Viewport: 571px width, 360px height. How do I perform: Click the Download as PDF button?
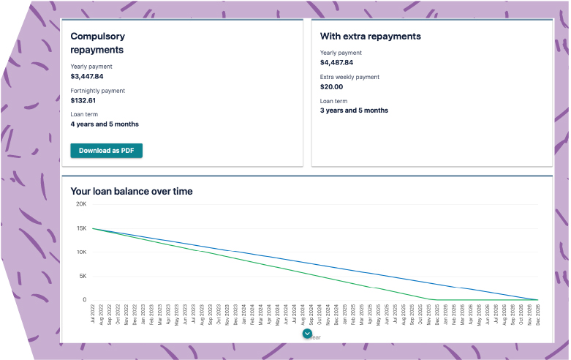106,151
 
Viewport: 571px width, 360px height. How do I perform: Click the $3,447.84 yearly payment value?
87,76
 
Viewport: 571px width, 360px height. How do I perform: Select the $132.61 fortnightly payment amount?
83,100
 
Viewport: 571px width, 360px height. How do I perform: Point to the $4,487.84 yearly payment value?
337,62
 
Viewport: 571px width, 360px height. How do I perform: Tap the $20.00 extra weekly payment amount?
331,86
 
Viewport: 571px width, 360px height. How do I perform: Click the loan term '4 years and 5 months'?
105,124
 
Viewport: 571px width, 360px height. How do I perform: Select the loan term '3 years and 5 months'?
355,110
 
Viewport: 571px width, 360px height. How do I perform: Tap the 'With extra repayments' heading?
371,36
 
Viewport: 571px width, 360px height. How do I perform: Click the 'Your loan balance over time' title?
132,192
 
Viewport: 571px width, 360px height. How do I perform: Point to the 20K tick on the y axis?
81,204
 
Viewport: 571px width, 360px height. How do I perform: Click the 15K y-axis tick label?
81,228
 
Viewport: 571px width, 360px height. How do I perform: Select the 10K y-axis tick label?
81,252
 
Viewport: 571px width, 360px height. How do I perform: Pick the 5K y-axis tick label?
83,276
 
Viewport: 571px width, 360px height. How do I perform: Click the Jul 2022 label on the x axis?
94,315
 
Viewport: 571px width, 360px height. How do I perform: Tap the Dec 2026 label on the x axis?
538,315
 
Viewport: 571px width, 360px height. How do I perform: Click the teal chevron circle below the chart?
307,334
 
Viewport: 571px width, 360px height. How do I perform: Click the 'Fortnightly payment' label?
98,91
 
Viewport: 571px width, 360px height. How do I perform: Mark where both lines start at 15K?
93,228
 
